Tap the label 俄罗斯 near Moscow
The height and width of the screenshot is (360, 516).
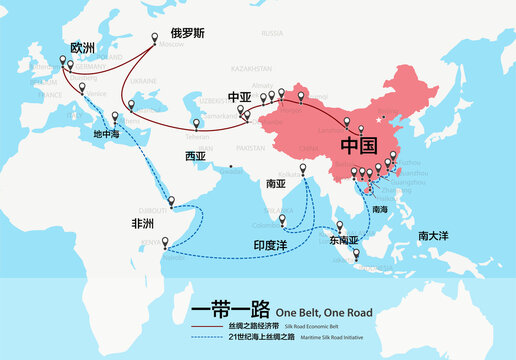(188, 33)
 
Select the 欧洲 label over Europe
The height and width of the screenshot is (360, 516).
(85, 47)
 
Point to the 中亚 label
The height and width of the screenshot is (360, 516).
(240, 97)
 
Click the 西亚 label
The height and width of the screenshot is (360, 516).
(195, 156)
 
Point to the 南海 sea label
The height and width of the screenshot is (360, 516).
(379, 210)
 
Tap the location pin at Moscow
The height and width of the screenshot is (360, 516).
(155, 38)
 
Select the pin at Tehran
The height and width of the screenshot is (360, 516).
(194, 123)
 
